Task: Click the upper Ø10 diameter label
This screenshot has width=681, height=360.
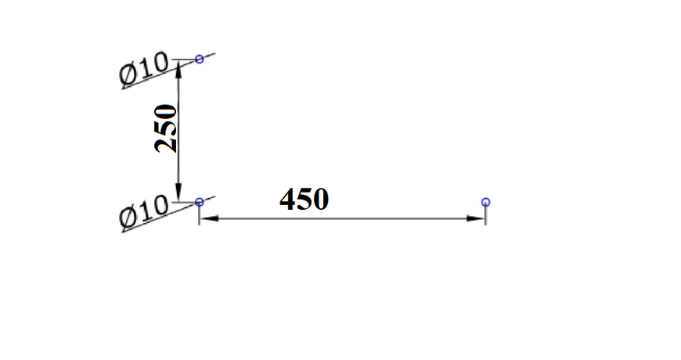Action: pos(144,68)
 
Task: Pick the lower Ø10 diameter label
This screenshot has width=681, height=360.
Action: pos(144,211)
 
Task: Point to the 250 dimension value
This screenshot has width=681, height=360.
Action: pos(166,128)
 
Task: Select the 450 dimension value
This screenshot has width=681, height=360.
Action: pos(304,200)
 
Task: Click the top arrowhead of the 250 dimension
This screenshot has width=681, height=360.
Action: pos(178,70)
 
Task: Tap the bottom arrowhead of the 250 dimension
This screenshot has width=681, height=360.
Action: pos(178,193)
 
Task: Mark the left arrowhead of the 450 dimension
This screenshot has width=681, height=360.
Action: pos(209,218)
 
